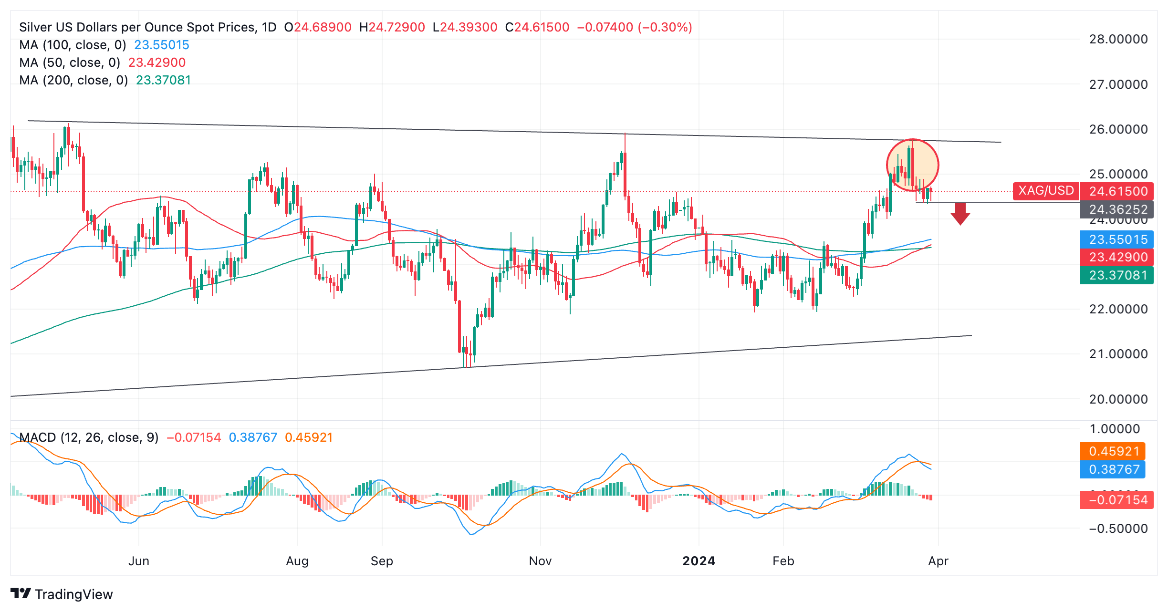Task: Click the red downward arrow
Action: tap(960, 213)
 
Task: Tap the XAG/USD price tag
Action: tap(1046, 191)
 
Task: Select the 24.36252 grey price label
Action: tap(1117, 209)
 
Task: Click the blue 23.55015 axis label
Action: tap(1117, 239)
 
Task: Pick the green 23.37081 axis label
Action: tap(1117, 275)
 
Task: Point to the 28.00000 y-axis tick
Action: tap(1118, 39)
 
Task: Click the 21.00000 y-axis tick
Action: tap(1118, 354)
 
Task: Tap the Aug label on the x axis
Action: tap(297, 561)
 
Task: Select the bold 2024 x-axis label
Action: tap(699, 561)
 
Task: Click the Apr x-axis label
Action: tap(938, 561)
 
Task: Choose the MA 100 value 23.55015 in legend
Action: tap(162, 45)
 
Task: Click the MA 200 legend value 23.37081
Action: tap(163, 80)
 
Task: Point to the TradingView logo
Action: tap(62, 594)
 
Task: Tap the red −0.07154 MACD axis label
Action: tap(1117, 500)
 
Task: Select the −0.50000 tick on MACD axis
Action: tap(1118, 529)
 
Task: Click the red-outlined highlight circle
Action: tap(912, 166)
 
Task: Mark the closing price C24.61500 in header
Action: tap(537, 27)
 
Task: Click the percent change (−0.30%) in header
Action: tap(666, 27)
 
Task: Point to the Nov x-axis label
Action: tap(540, 561)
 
